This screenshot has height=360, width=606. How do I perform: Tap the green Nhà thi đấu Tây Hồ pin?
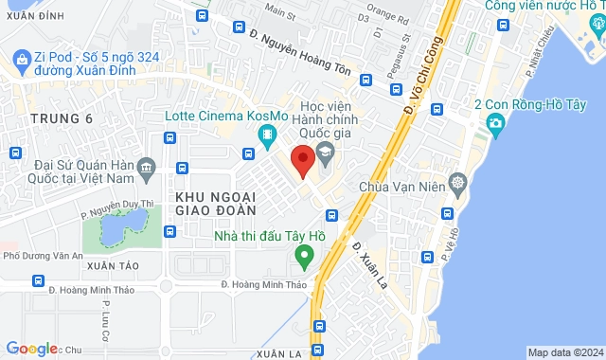pos(304,255)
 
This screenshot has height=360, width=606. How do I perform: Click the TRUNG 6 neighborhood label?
pos(62,118)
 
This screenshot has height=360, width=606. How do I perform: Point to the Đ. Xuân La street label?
pos(365,260)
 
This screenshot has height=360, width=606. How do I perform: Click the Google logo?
pos(30,349)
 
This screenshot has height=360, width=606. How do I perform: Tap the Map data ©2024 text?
pos(563,352)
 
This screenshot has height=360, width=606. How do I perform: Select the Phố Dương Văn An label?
pos(43,256)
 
